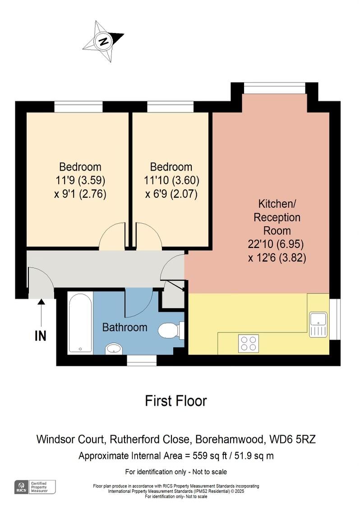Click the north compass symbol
tap(103, 42)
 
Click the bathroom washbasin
tap(114, 349)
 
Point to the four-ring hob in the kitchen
tap(248, 343)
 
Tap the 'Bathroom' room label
tap(125, 327)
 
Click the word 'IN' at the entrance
tap(41, 336)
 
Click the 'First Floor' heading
tap(175, 401)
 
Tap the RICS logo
tap(21, 487)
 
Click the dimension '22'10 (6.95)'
tap(276, 244)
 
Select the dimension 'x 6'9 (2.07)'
tap(171, 194)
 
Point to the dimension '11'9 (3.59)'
tap(80, 180)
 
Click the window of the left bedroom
tap(78, 107)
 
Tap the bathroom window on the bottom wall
tap(142, 360)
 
